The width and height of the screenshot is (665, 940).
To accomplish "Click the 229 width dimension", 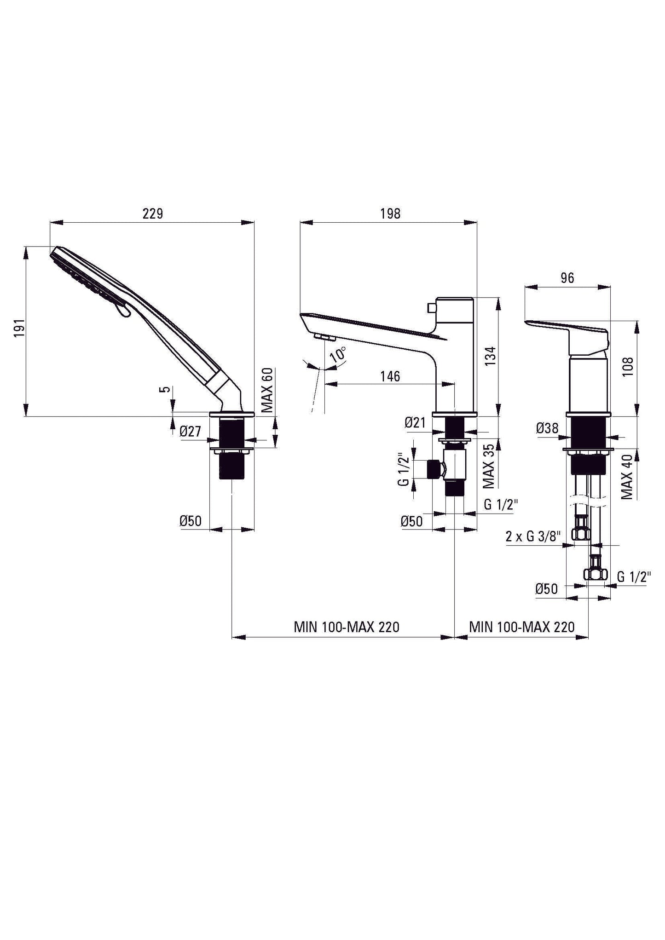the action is [153, 214].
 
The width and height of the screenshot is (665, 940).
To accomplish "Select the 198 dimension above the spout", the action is [390, 214].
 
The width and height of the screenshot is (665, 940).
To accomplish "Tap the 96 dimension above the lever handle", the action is [567, 278].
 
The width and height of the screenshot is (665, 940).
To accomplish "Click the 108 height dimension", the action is [629, 366].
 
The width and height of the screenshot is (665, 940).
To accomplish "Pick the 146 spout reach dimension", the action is [390, 376].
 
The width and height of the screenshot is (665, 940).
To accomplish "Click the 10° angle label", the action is [339, 355].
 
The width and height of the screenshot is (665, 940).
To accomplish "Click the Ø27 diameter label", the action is [191, 431].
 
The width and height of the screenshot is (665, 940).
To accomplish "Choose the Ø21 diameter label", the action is [415, 422].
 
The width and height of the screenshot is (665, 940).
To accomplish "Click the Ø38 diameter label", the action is [547, 428].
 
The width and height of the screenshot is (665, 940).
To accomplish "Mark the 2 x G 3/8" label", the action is [533, 536].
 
